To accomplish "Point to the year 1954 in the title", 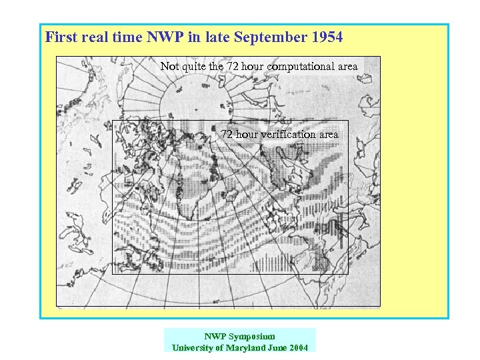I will pos(327,37).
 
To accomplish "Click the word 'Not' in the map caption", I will pos(169,67).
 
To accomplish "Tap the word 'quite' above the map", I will pos(193,67).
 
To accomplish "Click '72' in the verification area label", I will pos(227,134).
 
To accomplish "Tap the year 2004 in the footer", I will pos(297,347).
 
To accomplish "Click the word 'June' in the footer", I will pos(275,347).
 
